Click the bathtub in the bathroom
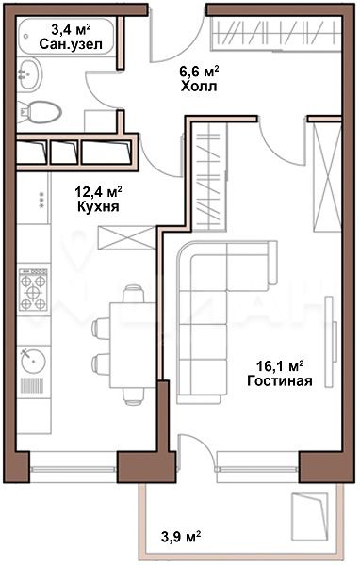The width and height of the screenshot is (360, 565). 67,36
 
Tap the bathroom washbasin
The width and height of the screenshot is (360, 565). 30,74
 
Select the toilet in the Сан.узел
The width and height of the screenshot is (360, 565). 39,112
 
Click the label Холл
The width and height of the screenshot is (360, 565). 199,87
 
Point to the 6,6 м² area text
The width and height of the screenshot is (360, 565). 199,71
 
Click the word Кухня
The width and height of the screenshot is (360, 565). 98,206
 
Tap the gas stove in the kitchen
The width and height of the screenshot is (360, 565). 34,289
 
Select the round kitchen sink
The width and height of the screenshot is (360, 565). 33,360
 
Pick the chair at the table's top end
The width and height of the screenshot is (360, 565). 133,294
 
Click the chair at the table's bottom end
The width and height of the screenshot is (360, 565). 133,395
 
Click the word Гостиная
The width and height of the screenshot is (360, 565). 280,380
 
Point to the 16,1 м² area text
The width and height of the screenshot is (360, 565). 280,366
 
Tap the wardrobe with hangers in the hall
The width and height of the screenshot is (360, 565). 275,34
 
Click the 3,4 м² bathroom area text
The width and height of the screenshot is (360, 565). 71,29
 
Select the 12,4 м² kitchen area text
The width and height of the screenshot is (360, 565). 98,191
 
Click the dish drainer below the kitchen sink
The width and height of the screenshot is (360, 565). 32,385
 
